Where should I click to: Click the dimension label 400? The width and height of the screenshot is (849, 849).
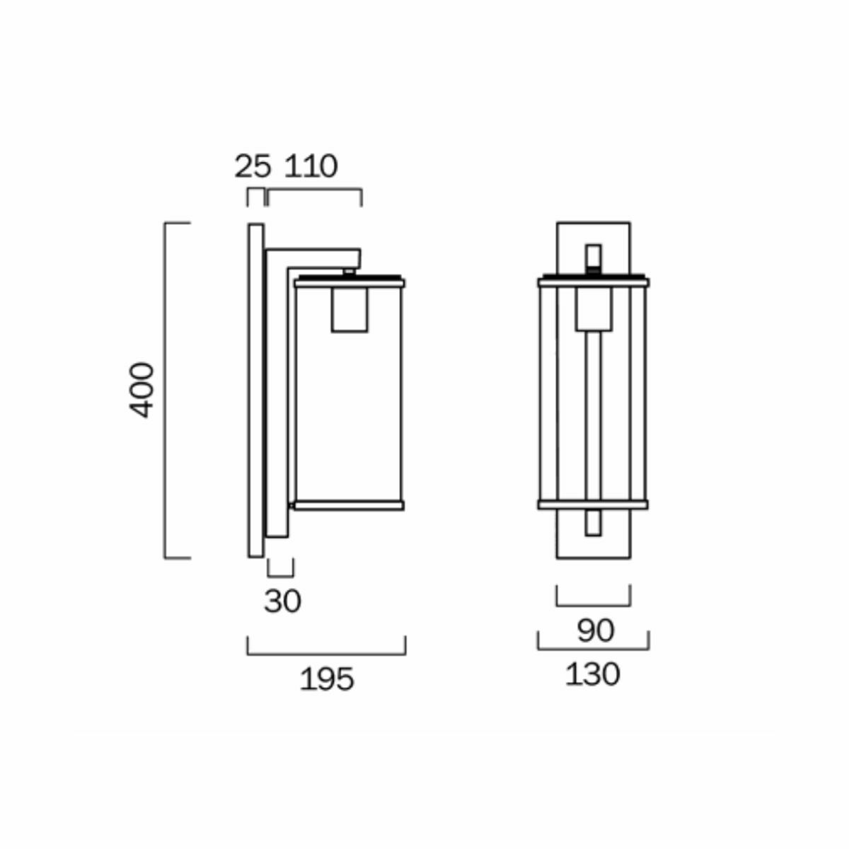click(x=142, y=390)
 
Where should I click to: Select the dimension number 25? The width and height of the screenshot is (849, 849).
click(x=253, y=166)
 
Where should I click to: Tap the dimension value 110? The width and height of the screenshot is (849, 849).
click(x=311, y=166)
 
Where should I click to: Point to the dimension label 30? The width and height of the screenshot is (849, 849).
click(x=282, y=601)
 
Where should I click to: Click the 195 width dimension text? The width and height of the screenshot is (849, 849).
click(x=326, y=679)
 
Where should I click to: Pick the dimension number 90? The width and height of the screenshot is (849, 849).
click(x=595, y=630)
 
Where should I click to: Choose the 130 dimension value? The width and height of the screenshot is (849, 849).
click(x=592, y=674)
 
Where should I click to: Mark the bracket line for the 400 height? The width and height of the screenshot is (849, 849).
click(x=166, y=390)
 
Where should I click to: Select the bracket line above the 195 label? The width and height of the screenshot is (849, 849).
click(x=326, y=654)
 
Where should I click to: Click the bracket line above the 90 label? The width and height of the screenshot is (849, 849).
click(x=593, y=606)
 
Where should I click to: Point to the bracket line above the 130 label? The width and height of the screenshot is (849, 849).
click(x=593, y=649)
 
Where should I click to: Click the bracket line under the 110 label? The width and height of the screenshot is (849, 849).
click(x=315, y=190)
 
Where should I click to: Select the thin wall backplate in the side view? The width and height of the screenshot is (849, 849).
click(x=255, y=390)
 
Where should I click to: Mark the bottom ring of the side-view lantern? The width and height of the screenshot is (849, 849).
click(x=349, y=505)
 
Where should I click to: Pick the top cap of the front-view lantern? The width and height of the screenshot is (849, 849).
click(x=593, y=282)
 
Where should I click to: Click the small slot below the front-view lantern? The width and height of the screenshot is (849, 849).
click(x=593, y=523)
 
